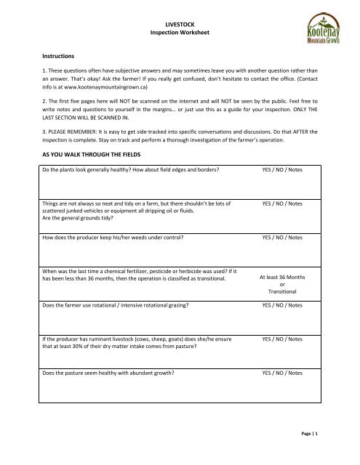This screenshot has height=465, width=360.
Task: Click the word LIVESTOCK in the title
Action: pyautogui.click(x=180, y=25)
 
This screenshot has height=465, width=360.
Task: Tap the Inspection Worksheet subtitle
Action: pyautogui.click(x=180, y=33)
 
